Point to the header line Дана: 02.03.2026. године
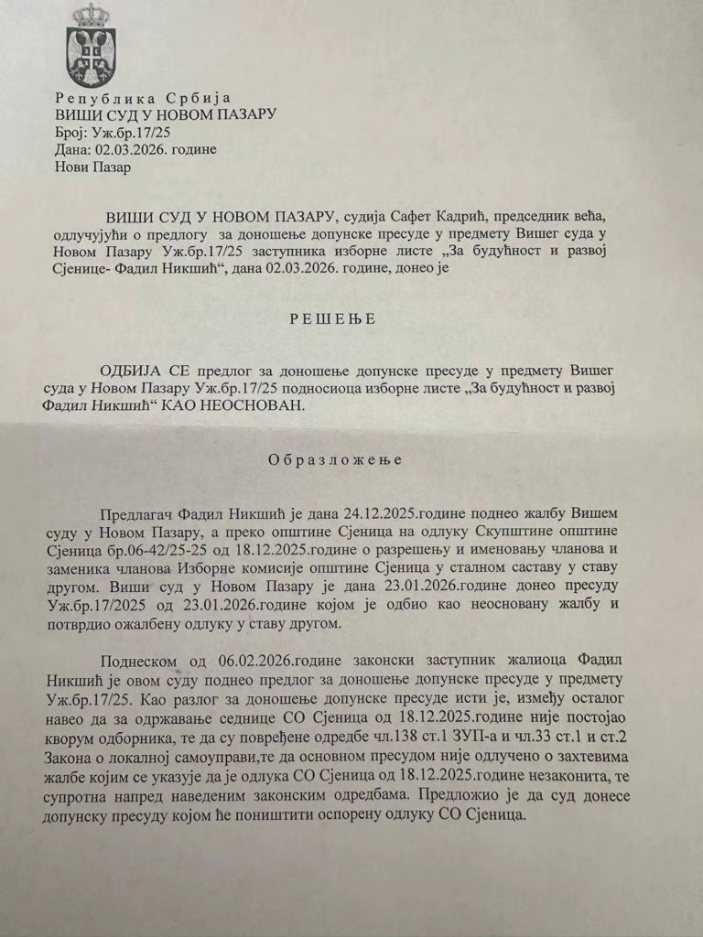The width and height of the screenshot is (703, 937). pyautogui.click(x=126, y=151)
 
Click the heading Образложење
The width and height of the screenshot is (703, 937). pyautogui.click(x=335, y=460)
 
